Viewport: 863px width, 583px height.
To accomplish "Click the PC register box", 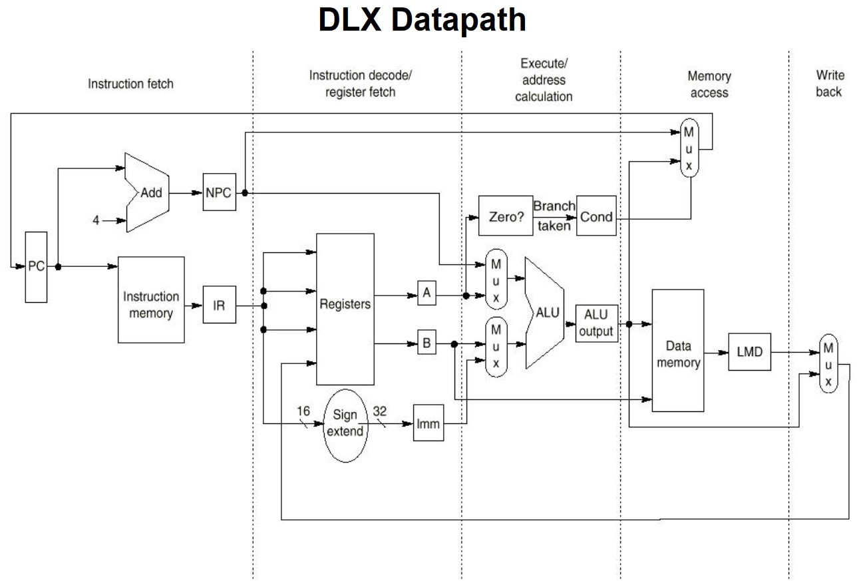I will click(37, 267).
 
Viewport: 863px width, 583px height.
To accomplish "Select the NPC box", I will click(219, 193).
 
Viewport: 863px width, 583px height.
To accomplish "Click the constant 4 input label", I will click(96, 220).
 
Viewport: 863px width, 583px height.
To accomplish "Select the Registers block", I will click(345, 309).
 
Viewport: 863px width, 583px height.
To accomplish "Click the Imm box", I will click(428, 423).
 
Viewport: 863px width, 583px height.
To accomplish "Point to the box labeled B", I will click(427, 344).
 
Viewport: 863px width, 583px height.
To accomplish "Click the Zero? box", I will click(506, 216).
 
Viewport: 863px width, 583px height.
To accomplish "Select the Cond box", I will click(596, 216).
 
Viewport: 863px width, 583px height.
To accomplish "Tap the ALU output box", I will click(596, 323).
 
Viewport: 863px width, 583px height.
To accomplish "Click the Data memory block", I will click(678, 350).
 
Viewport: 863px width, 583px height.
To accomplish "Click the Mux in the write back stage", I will click(828, 364).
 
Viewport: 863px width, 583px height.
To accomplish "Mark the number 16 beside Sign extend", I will click(303, 411).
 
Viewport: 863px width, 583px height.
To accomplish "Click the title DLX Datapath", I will click(422, 20).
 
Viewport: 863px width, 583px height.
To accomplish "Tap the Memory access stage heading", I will click(709, 85).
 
